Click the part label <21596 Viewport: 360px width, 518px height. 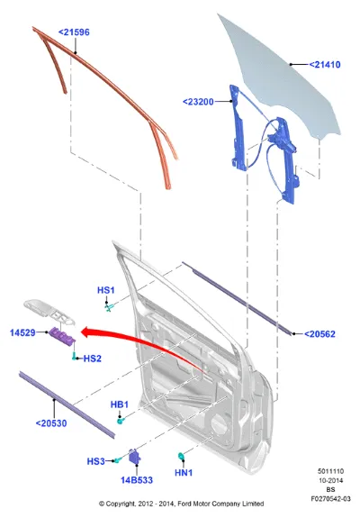pos(74,32)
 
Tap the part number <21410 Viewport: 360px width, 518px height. pos(325,65)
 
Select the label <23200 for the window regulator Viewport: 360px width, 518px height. pos(198,102)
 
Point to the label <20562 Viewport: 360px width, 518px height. pos(319,334)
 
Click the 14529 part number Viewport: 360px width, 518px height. pos(22,332)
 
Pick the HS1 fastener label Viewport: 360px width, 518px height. pos(106,290)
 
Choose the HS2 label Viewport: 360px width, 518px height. pos(93,359)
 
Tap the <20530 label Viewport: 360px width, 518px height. pos(51,423)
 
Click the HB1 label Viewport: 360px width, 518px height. pos(120,404)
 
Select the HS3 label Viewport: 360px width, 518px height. pos(96,461)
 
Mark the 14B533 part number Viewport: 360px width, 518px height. pos(137,480)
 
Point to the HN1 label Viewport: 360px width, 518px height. pos(184,473)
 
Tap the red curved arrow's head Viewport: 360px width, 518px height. pos(86,332)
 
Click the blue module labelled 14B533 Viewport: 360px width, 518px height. pos(135,457)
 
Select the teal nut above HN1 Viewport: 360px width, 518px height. pos(181,456)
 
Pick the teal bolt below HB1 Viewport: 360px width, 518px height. pos(121,421)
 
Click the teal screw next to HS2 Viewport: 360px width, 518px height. pos(74,356)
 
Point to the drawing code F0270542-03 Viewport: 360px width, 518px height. pos(330,498)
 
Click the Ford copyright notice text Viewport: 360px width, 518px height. pos(182,504)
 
